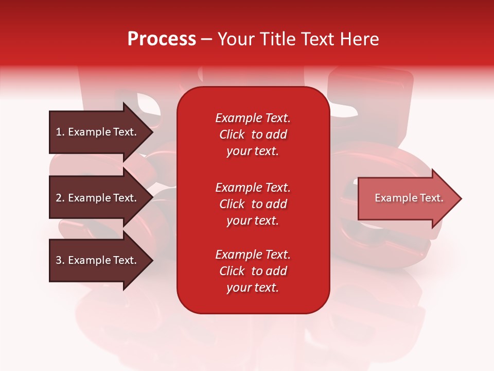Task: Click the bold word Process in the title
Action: point(162,39)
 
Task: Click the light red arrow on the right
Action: point(407,198)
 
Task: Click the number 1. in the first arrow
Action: point(60,132)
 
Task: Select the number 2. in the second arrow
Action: point(60,198)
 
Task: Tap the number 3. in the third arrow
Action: point(60,260)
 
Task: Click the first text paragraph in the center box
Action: point(253,134)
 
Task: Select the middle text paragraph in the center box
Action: point(253,204)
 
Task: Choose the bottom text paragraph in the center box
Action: point(253,271)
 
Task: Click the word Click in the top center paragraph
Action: point(232,134)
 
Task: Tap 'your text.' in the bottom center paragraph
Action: point(253,288)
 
